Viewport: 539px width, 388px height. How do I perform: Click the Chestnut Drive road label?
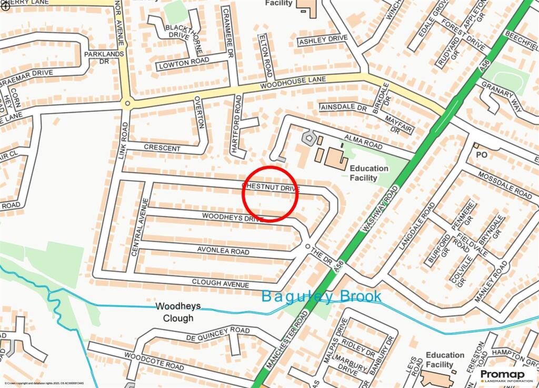(271, 187)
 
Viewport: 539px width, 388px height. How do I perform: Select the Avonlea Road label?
(223, 251)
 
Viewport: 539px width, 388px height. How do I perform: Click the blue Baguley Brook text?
(321, 297)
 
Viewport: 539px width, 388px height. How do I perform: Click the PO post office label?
(482, 155)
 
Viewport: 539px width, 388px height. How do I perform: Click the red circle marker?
(270, 194)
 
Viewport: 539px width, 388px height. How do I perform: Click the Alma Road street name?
(363, 141)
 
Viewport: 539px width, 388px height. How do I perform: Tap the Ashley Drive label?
(323, 39)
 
